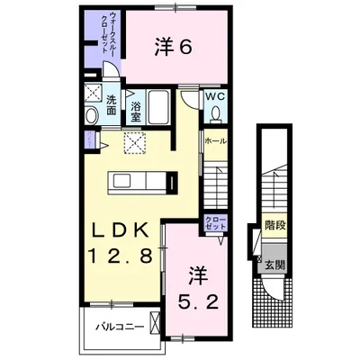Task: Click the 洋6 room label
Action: pos(174,48)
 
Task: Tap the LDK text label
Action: pos(121,230)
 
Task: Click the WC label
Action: pos(215,96)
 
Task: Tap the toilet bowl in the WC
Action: pos(215,114)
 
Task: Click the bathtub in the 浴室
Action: pos(159,107)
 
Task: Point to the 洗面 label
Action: pos(112,105)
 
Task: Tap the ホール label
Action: pos(215,141)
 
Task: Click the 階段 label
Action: pos(274,225)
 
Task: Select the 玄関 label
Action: pos(274,265)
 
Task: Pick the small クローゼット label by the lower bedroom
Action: pos(215,222)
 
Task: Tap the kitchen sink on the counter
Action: pos(121,181)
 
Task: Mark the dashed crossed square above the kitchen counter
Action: pos(135,142)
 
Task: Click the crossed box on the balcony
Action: pos(155,322)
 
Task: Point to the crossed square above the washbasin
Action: pos(93,93)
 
